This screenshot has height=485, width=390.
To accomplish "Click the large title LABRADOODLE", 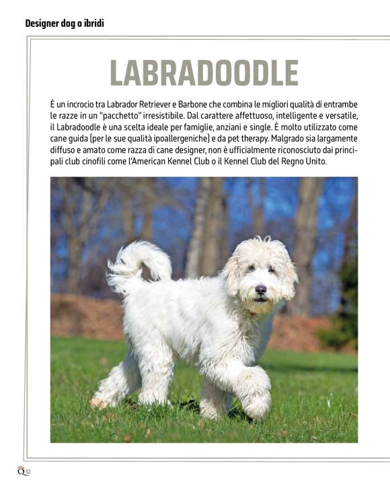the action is (x=204, y=73).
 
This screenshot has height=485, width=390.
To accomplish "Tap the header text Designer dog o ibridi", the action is (x=65, y=24).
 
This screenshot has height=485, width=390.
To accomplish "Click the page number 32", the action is (x=28, y=472).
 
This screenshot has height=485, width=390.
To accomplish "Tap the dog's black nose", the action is (x=261, y=289).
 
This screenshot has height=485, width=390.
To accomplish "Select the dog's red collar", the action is (x=253, y=313).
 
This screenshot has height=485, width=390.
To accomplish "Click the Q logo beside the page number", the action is (x=21, y=472).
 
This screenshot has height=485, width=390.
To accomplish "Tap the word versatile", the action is (x=341, y=116).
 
